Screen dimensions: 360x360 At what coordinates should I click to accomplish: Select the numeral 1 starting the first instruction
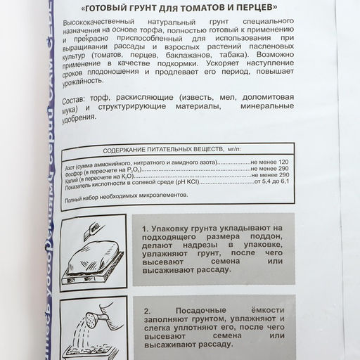click(x=145, y=229)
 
